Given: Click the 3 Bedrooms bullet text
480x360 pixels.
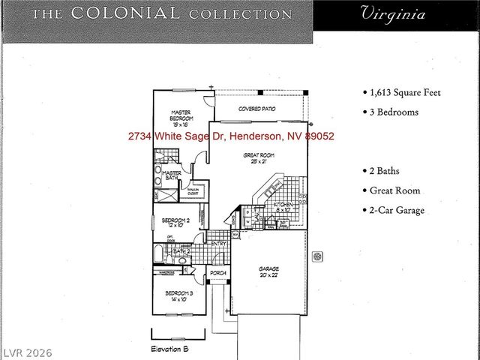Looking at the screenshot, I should coord(391,112).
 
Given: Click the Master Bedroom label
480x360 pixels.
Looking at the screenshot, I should coord(180,118).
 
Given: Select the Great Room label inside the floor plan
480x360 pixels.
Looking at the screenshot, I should coord(256,158).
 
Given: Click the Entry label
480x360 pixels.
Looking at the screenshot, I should coord(218,243).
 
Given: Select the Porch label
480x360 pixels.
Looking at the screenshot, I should coord(217,273).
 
